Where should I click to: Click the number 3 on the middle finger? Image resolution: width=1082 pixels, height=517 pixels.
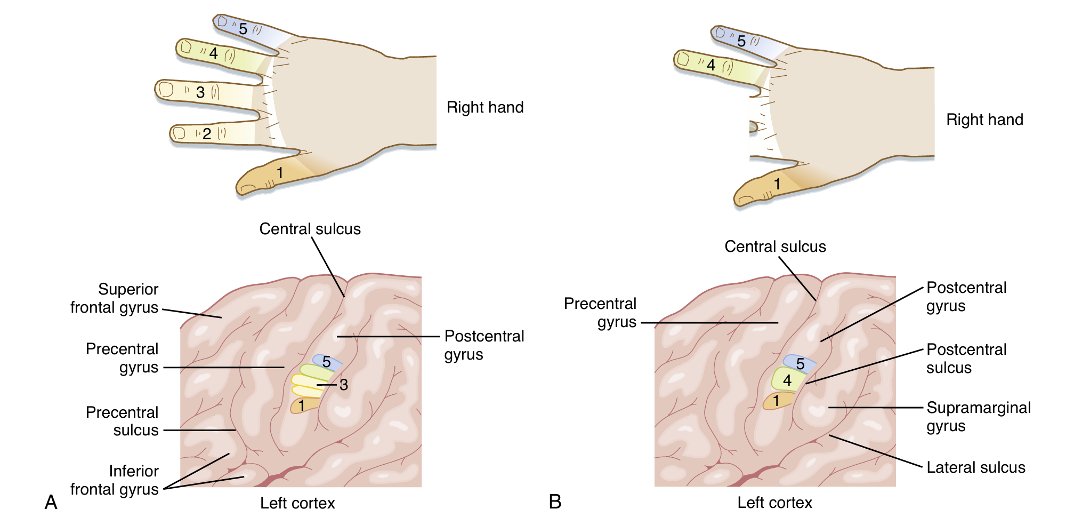coord(200,92)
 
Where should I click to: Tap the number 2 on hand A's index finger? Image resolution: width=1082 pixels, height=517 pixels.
coord(207,133)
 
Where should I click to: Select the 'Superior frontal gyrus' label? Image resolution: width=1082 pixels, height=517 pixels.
coord(115,298)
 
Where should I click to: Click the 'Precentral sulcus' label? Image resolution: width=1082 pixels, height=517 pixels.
coord(123,421)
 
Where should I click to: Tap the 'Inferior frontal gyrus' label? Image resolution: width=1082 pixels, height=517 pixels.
coord(115,480)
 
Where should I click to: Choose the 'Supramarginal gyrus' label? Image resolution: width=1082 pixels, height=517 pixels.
coord(978,417)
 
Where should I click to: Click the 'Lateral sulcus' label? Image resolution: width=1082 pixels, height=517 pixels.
coord(975,467)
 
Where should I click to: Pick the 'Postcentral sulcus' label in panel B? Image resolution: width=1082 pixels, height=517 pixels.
coord(966,359)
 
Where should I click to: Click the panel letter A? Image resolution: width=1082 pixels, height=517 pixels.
coord(51,502)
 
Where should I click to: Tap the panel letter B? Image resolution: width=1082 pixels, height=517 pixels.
coord(555,502)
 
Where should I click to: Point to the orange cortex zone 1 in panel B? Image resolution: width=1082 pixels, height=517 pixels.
coord(777,401)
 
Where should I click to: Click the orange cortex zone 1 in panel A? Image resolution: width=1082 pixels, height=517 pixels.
coord(302,405)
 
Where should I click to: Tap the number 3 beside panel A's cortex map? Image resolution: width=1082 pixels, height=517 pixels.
coord(344,385)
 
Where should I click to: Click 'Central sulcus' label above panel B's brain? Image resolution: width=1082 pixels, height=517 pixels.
coord(775,246)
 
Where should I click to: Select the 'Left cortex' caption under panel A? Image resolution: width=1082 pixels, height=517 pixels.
coord(297,503)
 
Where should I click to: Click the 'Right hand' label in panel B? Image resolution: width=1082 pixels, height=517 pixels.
coord(984,120)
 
